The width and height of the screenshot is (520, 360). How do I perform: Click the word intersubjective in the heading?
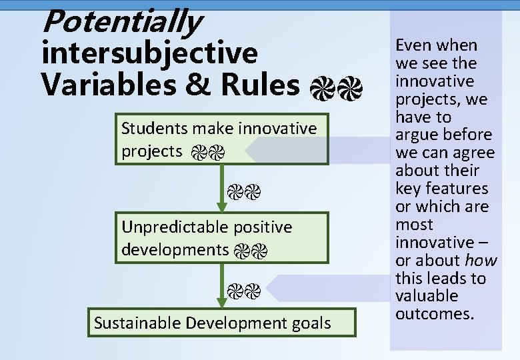coord(149,53)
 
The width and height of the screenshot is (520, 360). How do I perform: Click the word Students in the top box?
coord(155,127)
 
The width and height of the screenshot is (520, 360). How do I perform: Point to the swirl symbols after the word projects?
coord(207,153)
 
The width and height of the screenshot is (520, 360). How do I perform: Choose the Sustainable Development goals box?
coord(213,323)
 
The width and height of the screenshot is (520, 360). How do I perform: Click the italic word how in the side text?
coord(481,260)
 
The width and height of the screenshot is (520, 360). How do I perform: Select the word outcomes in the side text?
coord(434,313)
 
